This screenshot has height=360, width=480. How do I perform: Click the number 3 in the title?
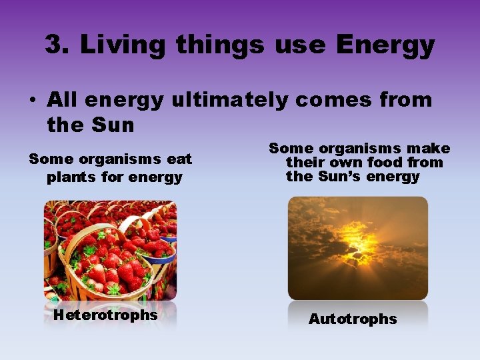tap(54, 45)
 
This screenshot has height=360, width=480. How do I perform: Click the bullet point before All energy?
tap(31, 101)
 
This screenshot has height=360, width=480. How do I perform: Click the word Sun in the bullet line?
tap(114, 125)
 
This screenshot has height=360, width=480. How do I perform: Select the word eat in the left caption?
tap(178, 159)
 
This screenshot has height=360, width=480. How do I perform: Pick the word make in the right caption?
tap(427, 149)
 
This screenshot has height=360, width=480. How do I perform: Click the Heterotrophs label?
tap(105, 315)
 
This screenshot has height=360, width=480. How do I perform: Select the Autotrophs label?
tap(352, 319)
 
